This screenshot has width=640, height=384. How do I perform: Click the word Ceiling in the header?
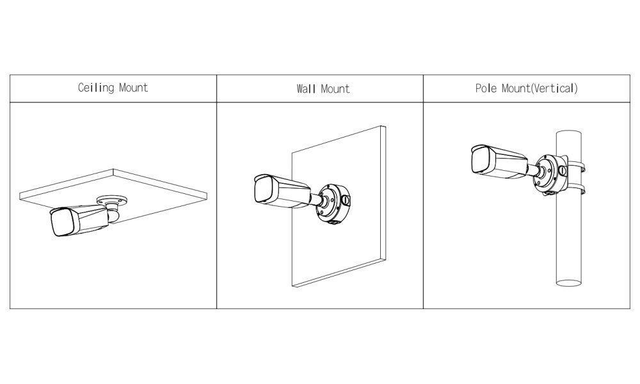96,88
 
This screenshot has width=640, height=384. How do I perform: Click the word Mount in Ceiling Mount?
134,88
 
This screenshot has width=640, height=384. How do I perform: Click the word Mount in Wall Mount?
335,89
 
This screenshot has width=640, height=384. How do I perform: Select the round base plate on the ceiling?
111,200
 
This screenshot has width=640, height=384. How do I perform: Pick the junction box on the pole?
550,173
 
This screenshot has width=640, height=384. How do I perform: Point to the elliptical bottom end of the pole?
568,283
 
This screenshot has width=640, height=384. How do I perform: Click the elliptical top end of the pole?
568,134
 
